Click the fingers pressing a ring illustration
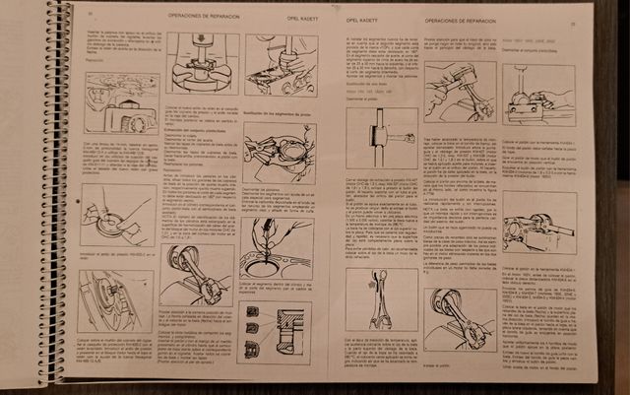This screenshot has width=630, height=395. coord(113,213)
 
